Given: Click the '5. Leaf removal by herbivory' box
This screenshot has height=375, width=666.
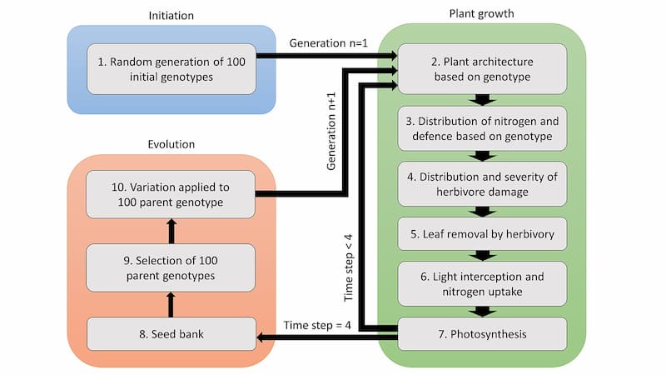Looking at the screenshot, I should point(482,233).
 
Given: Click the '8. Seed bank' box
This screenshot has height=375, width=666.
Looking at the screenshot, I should point(171,335).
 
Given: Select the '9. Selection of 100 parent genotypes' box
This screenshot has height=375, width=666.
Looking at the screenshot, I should point(171,267).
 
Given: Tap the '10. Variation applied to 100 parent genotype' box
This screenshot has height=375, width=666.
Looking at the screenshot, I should point(171,194).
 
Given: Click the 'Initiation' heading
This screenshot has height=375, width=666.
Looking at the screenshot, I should point(171,14).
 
